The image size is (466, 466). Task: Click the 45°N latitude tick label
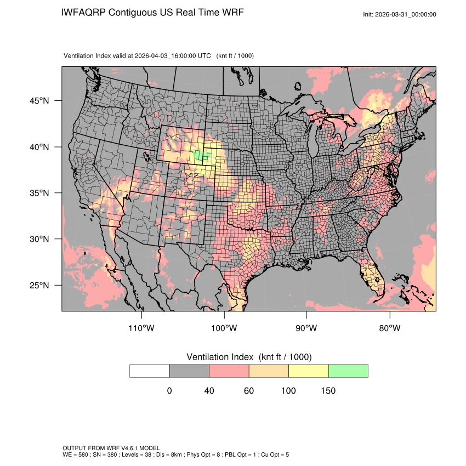[x=39, y=101]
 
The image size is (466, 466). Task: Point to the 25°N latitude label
[x=39, y=285]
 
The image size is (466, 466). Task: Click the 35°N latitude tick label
[x=39, y=193]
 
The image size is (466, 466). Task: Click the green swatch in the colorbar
[x=348, y=371]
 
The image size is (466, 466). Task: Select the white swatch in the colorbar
[x=150, y=371]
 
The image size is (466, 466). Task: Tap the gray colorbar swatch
[x=189, y=371]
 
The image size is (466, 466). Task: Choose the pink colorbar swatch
[x=229, y=371]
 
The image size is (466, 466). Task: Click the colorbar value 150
[x=328, y=391]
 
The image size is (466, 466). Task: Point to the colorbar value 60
[x=249, y=391]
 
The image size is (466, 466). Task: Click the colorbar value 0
[x=169, y=391]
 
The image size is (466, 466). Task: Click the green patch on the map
[x=202, y=155]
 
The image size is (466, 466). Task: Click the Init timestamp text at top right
[x=400, y=14]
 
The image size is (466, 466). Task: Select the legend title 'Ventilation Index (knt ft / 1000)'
[x=249, y=357]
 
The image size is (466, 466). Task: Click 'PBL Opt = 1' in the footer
[x=235, y=455]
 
